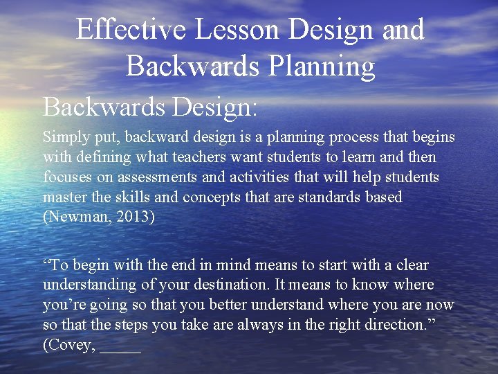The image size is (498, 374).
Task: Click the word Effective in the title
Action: pyautogui.click(x=131, y=30)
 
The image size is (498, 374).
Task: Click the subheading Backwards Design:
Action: pyautogui.click(x=150, y=107)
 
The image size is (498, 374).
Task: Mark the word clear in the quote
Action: pyautogui.click(x=412, y=265)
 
